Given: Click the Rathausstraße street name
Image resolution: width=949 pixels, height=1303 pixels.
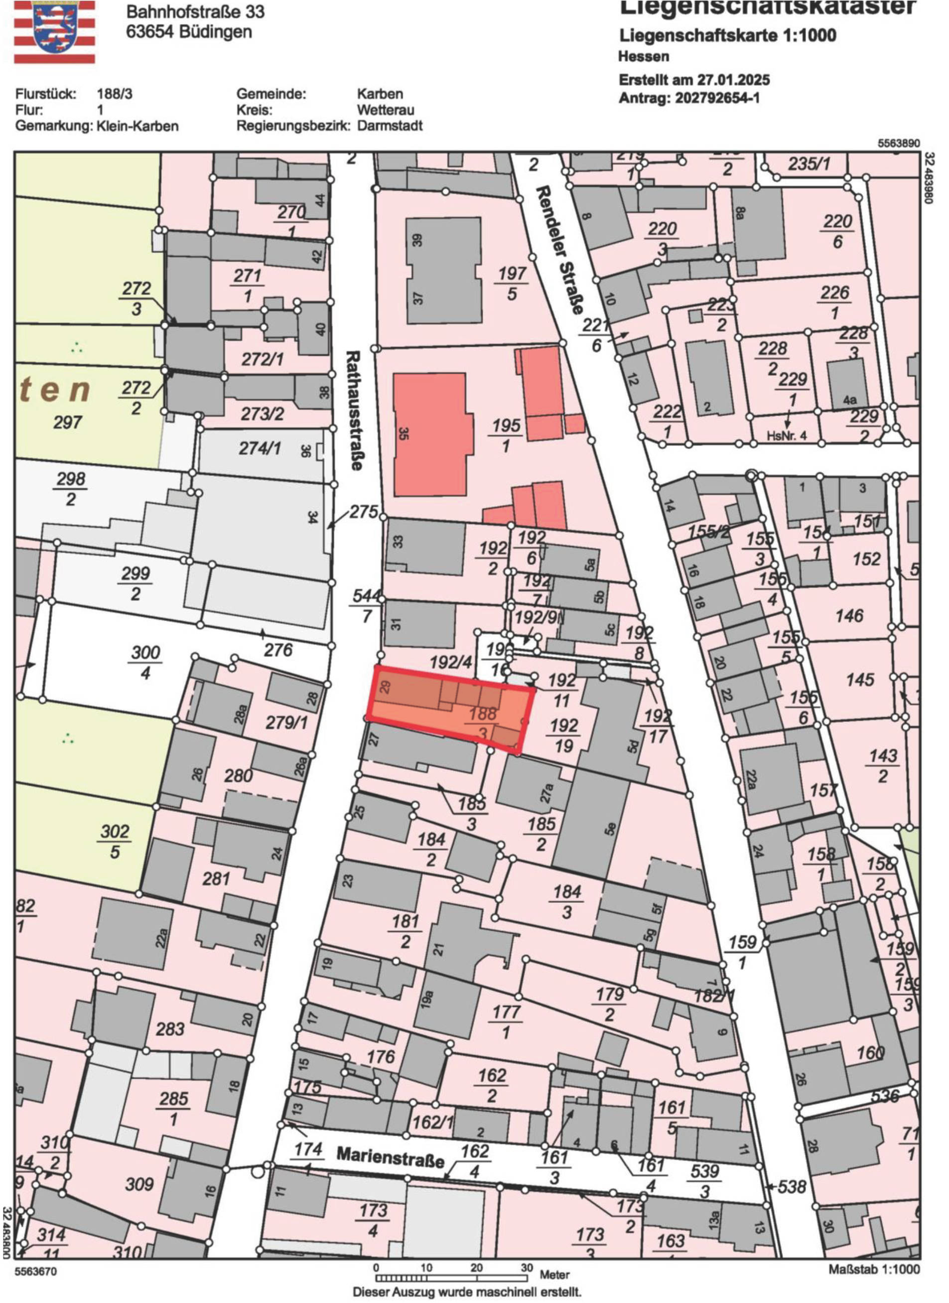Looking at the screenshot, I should [x=356, y=410].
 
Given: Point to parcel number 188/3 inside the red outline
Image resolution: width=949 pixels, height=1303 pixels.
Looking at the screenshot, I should [x=483, y=723].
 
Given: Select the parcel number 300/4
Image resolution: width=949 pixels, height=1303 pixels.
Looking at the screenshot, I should [x=145, y=662].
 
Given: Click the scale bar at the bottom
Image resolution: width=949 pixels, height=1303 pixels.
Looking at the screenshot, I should [x=451, y=1278].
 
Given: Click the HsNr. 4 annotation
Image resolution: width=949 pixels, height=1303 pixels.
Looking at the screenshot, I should [x=787, y=436].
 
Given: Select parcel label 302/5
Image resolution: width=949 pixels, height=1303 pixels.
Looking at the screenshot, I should [x=115, y=842].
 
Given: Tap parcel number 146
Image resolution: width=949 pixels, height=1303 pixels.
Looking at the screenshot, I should [x=849, y=616].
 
